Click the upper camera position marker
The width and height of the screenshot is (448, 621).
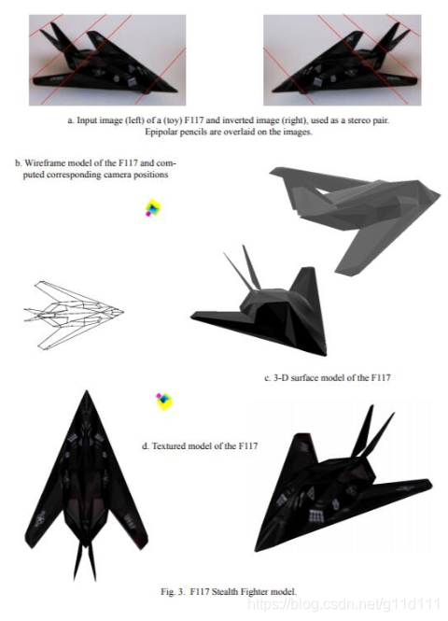(x=153, y=208)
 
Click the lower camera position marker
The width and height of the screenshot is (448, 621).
(x=164, y=402)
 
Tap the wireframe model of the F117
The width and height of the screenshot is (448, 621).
(x=73, y=315)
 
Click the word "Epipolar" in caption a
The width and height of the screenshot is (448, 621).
(x=161, y=132)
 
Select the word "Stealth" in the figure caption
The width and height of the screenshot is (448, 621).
(x=225, y=592)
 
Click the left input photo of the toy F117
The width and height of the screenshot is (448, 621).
(x=107, y=60)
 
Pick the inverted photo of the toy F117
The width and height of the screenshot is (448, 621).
(x=343, y=60)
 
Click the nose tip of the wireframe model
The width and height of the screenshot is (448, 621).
(x=123, y=312)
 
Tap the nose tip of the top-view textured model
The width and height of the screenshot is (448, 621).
(x=87, y=391)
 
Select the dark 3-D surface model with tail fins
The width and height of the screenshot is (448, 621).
(x=259, y=301)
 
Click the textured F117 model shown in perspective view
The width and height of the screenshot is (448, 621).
(x=343, y=479)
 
